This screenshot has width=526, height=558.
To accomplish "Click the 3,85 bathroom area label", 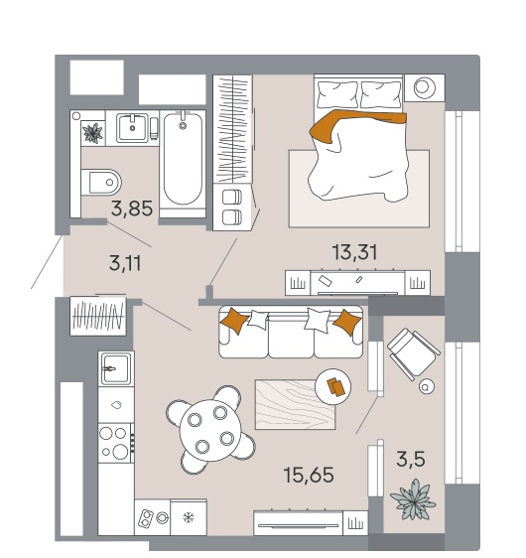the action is click(x=132, y=209).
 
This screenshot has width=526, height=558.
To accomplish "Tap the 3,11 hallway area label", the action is click(x=125, y=263).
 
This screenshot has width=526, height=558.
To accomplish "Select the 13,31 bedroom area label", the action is click(x=354, y=252).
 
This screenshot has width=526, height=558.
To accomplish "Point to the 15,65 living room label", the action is click(x=309, y=475).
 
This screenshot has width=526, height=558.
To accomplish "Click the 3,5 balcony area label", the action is click(x=411, y=459).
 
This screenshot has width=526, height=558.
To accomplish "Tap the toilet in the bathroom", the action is click(x=101, y=183).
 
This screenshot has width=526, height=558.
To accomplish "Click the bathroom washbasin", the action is click(x=132, y=127).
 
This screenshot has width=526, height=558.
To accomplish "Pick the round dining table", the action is click(x=210, y=430).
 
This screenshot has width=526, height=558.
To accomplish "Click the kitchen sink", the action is click(x=116, y=368).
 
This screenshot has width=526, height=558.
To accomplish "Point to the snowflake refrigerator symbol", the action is click(x=189, y=517).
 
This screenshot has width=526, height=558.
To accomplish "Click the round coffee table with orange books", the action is click(x=333, y=386).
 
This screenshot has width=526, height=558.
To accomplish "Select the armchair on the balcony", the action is click(x=414, y=353).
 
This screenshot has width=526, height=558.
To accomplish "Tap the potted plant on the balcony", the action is click(x=413, y=499).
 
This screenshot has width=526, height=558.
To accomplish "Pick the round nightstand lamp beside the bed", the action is click(x=425, y=87).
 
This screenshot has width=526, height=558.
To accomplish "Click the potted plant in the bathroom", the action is click(x=93, y=133).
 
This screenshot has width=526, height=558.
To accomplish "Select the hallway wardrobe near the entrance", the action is click(x=98, y=316).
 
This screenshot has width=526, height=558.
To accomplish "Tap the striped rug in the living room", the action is click(x=295, y=404).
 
